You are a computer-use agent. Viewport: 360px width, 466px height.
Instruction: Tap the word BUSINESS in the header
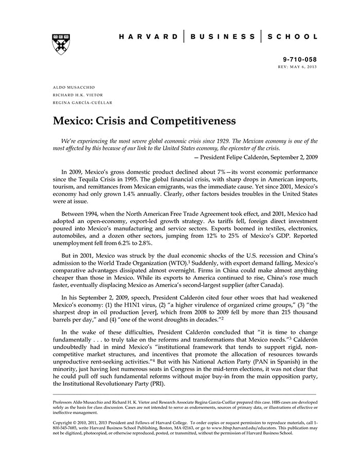tap(222, 37)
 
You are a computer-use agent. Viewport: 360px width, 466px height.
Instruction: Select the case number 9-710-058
tap(300, 60)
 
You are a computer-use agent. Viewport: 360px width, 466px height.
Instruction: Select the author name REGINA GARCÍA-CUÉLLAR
tap(84, 103)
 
